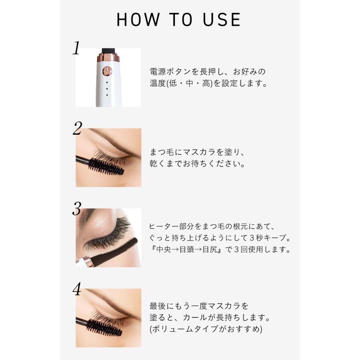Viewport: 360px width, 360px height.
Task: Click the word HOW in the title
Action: [x=138, y=20]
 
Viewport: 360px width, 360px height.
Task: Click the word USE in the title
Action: [x=222, y=20]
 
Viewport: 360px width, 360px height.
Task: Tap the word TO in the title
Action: [x=181, y=20]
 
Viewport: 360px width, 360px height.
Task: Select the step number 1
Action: [x=76, y=48]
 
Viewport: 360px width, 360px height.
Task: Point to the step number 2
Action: [x=77, y=128]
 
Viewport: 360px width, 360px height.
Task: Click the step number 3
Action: [x=77, y=208]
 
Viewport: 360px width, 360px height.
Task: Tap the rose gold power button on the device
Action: [x=107, y=71]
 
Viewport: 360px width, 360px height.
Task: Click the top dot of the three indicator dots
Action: [x=107, y=82]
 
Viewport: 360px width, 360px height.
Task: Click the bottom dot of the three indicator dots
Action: [x=107, y=95]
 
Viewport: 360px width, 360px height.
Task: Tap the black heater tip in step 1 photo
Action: [x=108, y=50]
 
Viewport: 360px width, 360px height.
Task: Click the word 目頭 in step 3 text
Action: [x=187, y=249]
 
